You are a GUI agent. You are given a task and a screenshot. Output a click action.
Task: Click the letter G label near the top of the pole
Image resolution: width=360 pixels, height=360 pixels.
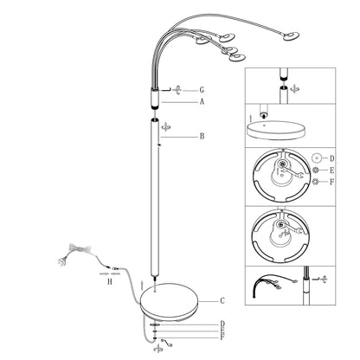coord(202,90)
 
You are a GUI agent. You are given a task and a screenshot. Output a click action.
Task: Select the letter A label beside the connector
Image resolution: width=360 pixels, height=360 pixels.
coord(202,102)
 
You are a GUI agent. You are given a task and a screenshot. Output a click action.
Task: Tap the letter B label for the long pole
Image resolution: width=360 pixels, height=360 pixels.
coord(202,136)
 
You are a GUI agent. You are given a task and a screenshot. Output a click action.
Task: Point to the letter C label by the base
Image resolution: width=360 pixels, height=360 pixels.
coord(222,301)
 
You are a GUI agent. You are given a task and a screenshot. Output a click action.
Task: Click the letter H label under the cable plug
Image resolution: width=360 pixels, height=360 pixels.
coord(110,281)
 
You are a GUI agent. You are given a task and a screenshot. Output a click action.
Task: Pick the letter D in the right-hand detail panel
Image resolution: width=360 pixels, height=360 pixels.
coord(332,158)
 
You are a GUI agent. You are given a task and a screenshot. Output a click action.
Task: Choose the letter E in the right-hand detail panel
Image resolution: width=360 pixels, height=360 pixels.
coord(332,170)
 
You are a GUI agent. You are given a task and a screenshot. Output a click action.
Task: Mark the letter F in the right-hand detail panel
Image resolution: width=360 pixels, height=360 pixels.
coord(332,182)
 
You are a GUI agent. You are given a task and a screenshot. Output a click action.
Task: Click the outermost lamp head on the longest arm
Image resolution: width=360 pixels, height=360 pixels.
coord(291,36)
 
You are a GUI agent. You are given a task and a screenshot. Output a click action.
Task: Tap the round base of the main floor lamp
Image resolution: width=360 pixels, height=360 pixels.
coord(170,300)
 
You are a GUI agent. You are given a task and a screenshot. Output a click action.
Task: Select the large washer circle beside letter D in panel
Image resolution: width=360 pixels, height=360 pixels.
coord(317,158)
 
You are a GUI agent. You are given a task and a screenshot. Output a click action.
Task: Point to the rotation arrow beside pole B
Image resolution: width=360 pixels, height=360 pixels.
coord(166,126)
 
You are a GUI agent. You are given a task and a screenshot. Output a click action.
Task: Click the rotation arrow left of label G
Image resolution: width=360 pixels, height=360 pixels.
coord(177,90)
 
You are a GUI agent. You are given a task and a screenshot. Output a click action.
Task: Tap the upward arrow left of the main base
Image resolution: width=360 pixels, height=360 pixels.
coord(142,286)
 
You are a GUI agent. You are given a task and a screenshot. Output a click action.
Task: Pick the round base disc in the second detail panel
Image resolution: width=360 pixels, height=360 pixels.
coord(276,130)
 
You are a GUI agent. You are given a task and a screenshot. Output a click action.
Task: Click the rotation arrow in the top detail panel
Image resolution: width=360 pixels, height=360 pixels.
coord(294,89)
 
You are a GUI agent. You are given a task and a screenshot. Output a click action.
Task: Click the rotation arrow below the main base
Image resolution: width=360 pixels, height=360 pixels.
coord(157,348)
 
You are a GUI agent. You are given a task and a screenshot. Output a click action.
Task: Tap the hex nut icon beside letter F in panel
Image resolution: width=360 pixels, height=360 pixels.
coord(316,182)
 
